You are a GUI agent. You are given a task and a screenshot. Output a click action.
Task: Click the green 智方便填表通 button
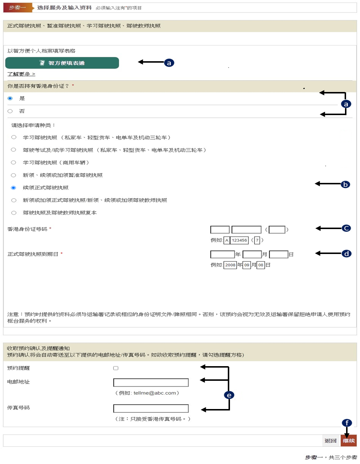click(62, 63)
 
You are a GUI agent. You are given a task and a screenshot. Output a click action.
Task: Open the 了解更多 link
click(21, 74)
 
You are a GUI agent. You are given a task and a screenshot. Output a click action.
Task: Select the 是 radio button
click(10, 98)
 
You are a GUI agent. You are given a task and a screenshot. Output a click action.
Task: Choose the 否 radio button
click(10, 111)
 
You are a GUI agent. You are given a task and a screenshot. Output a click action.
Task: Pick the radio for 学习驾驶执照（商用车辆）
click(14, 162)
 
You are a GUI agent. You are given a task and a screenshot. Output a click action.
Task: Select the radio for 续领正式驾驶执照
click(14, 188)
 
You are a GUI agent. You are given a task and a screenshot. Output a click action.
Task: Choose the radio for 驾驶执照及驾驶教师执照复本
click(14, 213)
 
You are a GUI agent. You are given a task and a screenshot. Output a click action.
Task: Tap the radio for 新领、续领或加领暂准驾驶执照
click(14, 175)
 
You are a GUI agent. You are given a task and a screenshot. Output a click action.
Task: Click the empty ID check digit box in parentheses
click(277, 229)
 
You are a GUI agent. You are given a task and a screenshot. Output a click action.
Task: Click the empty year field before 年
click(222, 254)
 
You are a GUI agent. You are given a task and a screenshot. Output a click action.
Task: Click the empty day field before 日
click(279, 254)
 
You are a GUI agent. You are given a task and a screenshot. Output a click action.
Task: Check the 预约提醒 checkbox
click(116, 368)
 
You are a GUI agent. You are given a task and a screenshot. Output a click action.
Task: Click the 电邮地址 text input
click(151, 382)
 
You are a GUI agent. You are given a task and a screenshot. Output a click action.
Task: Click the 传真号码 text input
click(151, 408)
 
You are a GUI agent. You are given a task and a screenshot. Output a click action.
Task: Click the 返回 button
click(330, 441)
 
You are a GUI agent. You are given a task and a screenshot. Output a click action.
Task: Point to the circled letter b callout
click(345, 184)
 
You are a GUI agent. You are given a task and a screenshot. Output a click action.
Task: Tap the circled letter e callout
click(229, 395)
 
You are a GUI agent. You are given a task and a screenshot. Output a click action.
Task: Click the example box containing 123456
click(239, 240)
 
